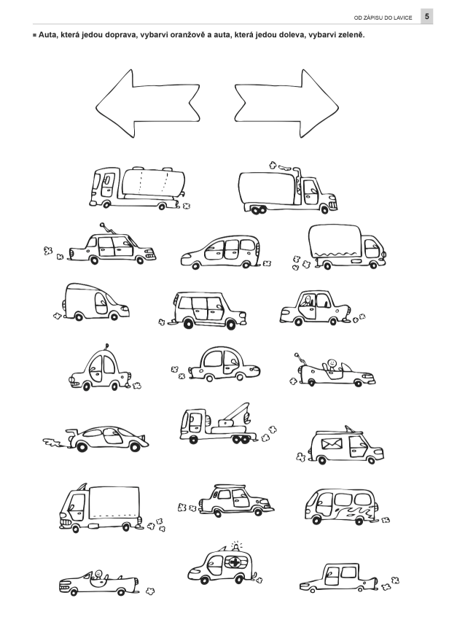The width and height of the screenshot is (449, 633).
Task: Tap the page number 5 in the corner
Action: (427, 17)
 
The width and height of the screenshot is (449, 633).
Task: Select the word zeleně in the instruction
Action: (351, 35)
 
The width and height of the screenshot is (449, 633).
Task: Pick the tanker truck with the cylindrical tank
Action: (138, 187)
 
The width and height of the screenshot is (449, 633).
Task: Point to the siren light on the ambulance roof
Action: (236, 545)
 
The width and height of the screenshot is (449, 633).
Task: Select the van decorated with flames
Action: (340, 507)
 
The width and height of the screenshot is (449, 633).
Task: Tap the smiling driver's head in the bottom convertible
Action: (98, 573)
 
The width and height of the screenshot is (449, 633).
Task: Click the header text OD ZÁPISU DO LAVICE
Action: (383, 18)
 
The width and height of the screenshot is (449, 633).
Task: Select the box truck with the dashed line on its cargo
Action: (100, 508)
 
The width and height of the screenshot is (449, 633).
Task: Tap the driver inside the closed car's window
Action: (308, 300)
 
